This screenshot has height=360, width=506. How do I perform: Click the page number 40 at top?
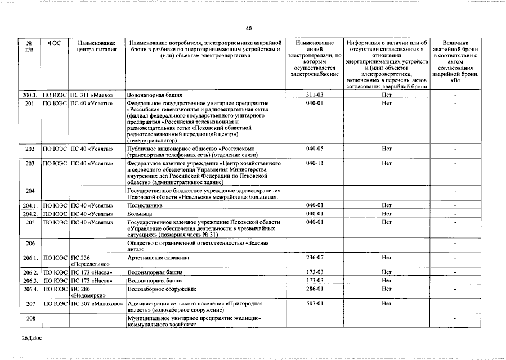[x=249, y=29]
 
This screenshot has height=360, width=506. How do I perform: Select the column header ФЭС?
[x=55, y=43]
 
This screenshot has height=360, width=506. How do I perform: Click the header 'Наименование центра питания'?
[x=97, y=47]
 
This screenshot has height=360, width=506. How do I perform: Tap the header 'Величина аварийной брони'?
[x=455, y=61]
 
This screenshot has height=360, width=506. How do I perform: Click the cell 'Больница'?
[x=139, y=214]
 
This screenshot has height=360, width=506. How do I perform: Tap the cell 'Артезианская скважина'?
[x=158, y=257]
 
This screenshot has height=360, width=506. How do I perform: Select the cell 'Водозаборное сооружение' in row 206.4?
[x=162, y=289]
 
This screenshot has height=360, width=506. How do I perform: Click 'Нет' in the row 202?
[x=386, y=149]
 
